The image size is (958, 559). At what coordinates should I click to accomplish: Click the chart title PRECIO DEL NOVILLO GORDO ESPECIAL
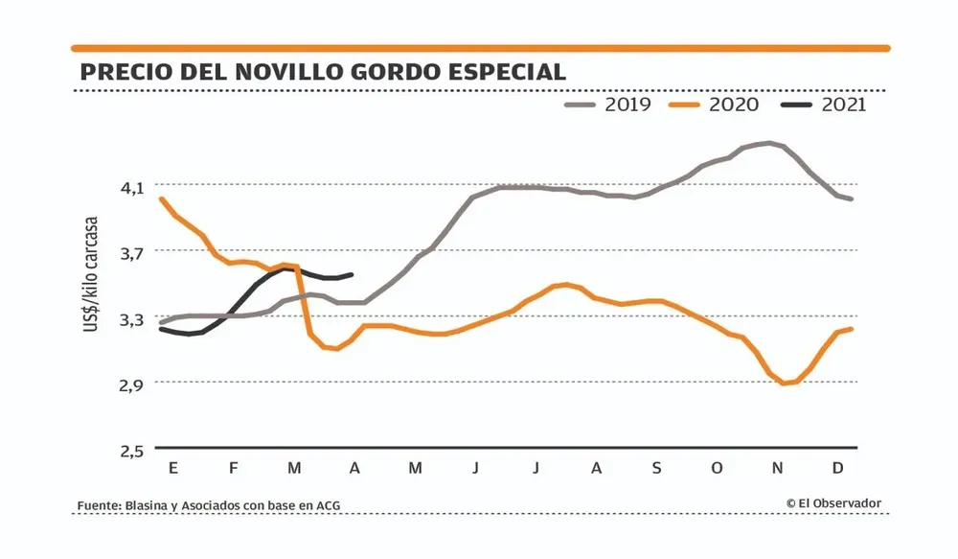323,73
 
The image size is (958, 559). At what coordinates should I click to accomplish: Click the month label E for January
172,468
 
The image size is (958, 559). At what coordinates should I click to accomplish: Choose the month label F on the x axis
233,468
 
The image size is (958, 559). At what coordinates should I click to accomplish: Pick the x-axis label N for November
778,468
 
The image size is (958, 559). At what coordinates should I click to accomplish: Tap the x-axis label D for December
837,468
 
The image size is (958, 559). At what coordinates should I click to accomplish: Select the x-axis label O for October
717,468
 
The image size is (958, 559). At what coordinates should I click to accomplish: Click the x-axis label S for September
656,468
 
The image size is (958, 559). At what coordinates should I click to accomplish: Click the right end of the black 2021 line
353,275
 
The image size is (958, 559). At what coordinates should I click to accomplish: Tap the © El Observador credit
833,503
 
